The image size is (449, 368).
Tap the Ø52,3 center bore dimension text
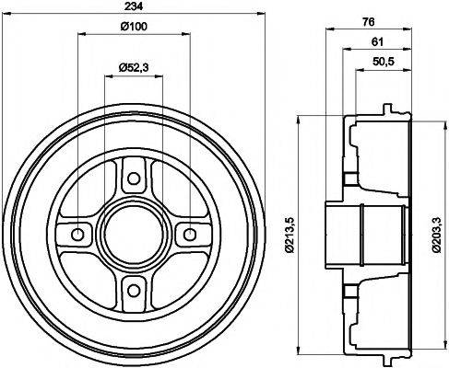[x=134, y=67]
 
